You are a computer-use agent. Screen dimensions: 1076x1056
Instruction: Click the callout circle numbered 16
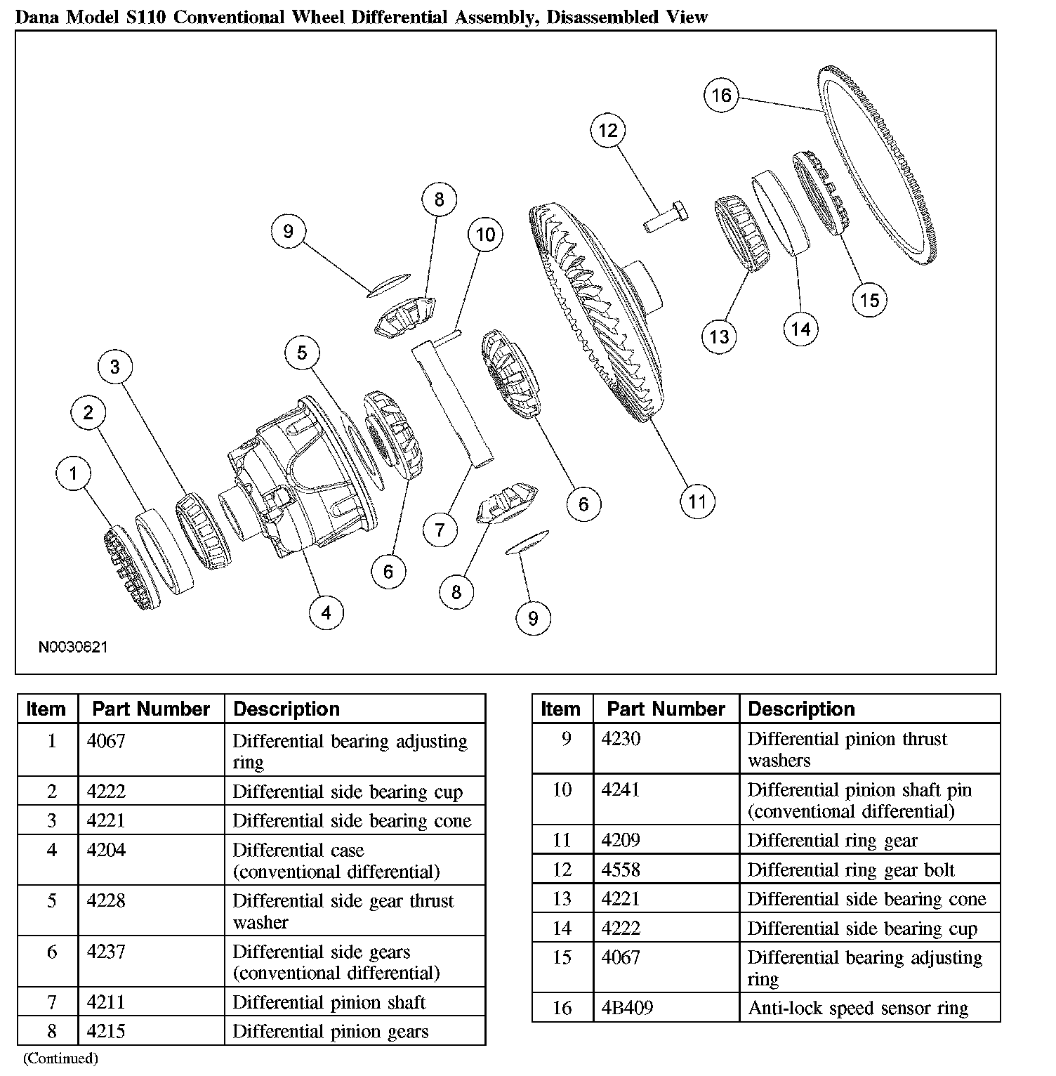(x=721, y=96)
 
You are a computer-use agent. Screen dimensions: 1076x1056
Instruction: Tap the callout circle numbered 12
(x=608, y=130)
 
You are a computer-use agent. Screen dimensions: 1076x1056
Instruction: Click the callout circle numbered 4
(x=326, y=612)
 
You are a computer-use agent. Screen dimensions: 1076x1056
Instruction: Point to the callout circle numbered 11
(x=697, y=501)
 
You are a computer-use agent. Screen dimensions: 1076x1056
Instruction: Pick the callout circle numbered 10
(x=486, y=235)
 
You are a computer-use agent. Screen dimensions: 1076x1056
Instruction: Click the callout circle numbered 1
(x=74, y=473)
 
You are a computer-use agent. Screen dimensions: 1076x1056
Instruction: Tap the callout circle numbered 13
(x=719, y=336)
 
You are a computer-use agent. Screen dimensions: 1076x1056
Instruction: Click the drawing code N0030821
(x=73, y=647)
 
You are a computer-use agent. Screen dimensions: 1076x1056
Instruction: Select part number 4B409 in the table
(x=627, y=1008)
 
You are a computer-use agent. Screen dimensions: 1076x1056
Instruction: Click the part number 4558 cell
(x=621, y=870)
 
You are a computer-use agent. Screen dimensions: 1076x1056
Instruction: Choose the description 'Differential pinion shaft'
(x=329, y=1002)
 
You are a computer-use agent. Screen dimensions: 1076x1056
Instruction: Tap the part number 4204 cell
(x=106, y=850)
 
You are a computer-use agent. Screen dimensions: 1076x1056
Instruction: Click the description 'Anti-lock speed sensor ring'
(x=858, y=1008)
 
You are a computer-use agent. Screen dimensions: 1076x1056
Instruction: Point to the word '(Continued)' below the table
(x=60, y=1058)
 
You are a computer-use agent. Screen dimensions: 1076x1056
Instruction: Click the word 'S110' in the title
(x=145, y=17)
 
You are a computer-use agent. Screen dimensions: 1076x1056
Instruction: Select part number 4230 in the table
(x=621, y=739)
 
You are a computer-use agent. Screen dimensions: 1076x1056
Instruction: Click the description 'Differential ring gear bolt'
(x=851, y=870)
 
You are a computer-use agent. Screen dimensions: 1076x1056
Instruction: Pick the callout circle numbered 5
(x=302, y=353)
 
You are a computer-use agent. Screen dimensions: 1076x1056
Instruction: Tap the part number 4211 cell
(x=106, y=1002)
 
